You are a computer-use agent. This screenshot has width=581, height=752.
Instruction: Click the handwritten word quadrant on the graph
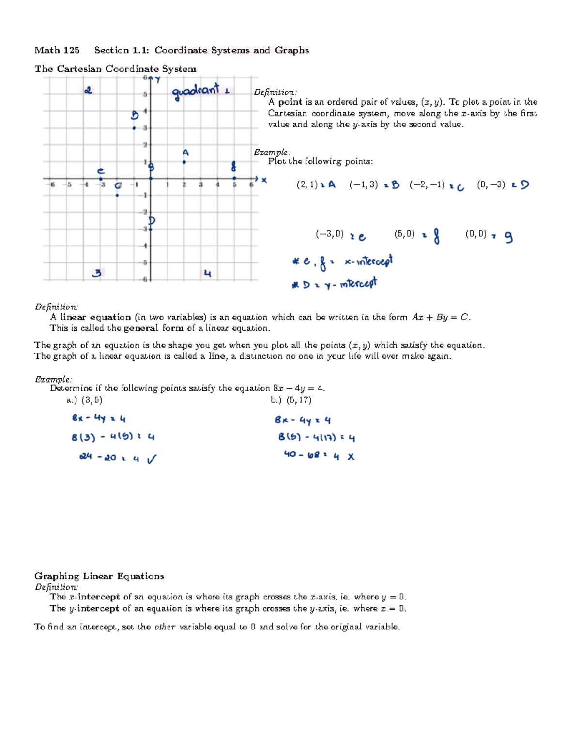pos(196,92)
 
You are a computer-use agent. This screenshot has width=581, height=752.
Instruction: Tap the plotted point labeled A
pos(184,162)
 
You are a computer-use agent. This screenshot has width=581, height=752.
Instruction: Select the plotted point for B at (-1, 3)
pos(134,128)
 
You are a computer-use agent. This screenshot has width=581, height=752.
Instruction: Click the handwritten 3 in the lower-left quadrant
pos(97,273)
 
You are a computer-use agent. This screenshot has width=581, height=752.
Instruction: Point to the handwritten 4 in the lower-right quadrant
pos(208,274)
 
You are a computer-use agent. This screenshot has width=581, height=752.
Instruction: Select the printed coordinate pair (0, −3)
pos(490,184)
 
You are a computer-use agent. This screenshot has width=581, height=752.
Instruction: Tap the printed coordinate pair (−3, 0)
pos(329,234)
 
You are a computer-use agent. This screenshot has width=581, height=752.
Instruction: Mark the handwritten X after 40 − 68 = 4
pos(351,457)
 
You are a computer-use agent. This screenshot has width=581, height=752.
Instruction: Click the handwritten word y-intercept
pos(351,284)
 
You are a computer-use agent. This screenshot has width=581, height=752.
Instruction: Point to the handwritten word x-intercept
pos(368,261)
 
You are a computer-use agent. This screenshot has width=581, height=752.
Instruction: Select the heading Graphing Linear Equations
pos(99,576)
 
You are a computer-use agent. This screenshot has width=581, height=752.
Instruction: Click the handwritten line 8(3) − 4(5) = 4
pos(113,437)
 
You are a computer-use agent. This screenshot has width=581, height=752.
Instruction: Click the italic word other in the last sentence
pos(165,627)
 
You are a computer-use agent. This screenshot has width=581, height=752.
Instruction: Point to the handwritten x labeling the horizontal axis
pos(264,180)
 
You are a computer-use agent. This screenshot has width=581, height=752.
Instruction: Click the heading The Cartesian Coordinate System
pos(115,69)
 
